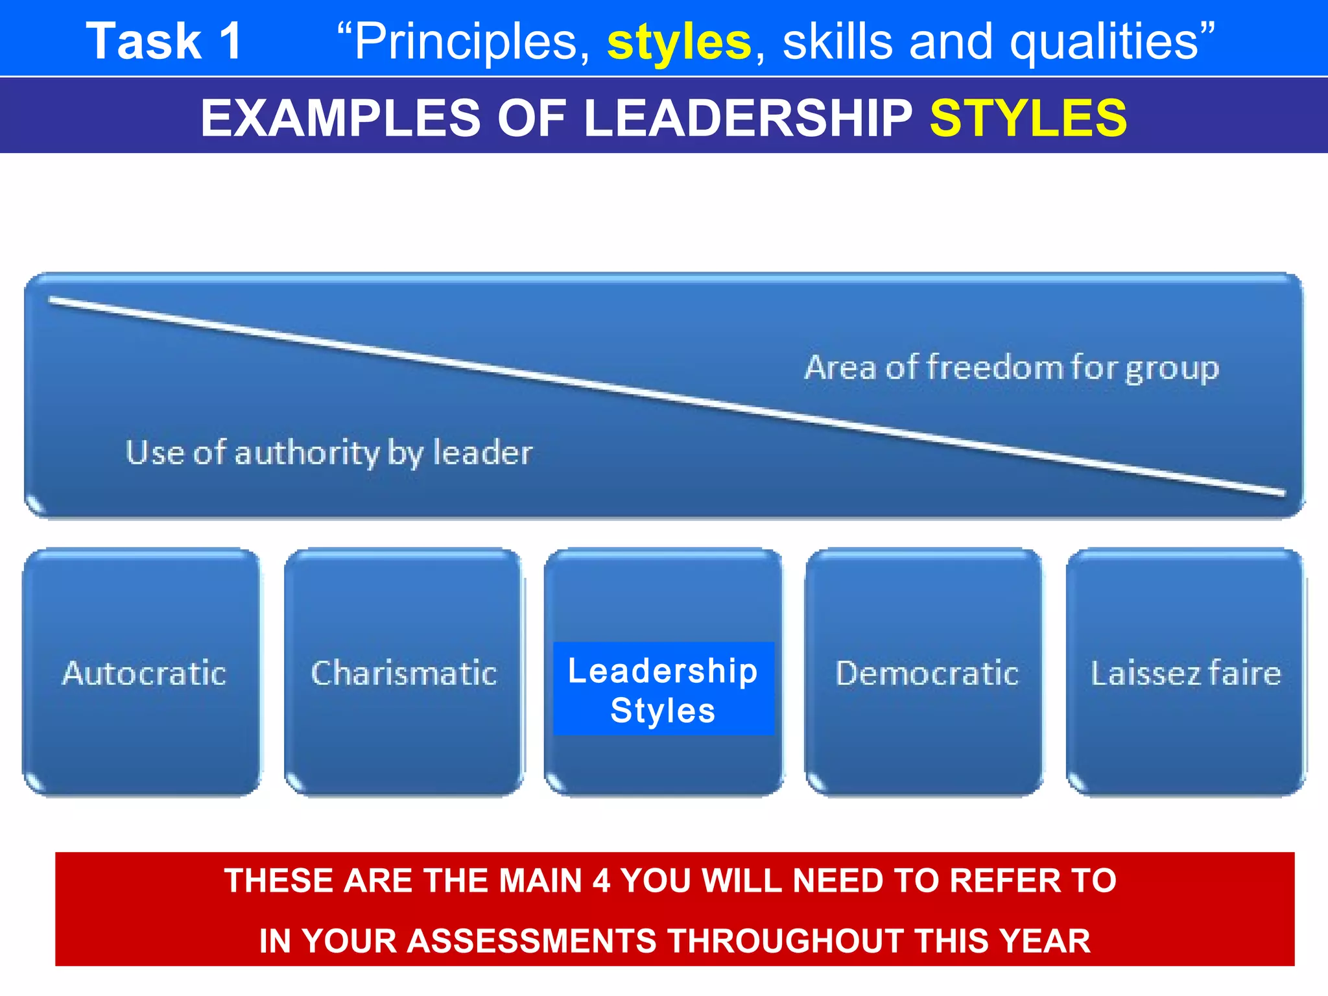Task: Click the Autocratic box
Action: click(143, 672)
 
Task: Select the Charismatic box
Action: click(403, 672)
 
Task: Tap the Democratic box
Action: click(926, 672)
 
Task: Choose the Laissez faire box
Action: click(1185, 672)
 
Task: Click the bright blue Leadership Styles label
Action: click(663, 689)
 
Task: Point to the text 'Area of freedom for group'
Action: click(1012, 368)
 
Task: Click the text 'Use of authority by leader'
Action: click(329, 452)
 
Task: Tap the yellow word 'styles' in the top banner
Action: click(679, 42)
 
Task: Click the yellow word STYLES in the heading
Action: click(1028, 118)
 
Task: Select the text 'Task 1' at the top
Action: click(165, 41)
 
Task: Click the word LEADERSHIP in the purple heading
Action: click(748, 118)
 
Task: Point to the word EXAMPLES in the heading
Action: click(340, 118)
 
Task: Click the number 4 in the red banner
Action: click(601, 881)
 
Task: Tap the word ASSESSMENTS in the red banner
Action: click(532, 941)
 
